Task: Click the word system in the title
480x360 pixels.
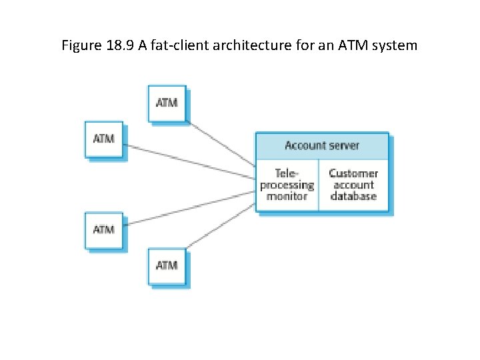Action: point(398,46)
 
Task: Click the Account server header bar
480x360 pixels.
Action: point(322,146)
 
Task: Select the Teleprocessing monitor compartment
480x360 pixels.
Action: point(287,185)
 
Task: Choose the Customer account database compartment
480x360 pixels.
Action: point(353,185)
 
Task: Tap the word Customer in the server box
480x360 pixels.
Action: point(353,173)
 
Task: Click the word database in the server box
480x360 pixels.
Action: point(353,197)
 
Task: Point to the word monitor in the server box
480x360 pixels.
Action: point(287,197)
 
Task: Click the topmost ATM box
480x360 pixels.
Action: point(166,103)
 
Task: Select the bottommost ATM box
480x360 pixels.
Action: point(166,265)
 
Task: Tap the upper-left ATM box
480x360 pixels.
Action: point(103,139)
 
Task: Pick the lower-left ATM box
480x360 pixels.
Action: point(103,230)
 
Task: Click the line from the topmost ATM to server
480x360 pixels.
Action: point(221,144)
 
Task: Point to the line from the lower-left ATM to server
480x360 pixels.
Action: point(190,209)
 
